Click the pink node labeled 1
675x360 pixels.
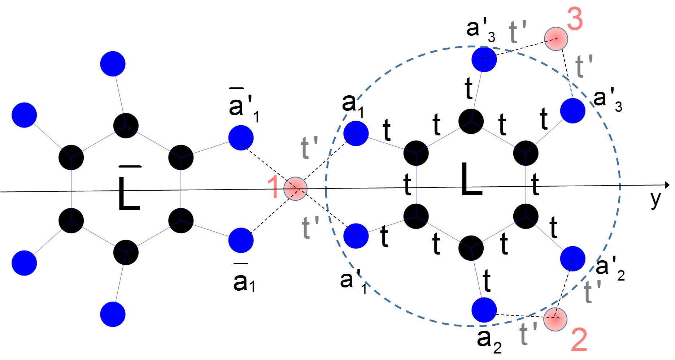coord(295,188)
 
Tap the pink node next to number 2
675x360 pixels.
coord(555,319)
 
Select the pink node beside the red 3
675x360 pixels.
coord(556,39)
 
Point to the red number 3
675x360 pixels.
coord(575,19)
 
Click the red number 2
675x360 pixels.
coord(579,339)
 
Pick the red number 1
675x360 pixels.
coord(273,187)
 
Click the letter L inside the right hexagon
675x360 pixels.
coord(471,179)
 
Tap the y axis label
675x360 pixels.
coord(656,199)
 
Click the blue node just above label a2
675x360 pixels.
coord(484,310)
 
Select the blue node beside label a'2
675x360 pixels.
coord(572,259)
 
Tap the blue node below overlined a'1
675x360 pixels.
coord(241,138)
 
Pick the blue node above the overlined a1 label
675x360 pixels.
coord(241,240)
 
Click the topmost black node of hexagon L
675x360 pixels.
coord(471,121)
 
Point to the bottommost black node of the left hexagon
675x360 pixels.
coord(126,252)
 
